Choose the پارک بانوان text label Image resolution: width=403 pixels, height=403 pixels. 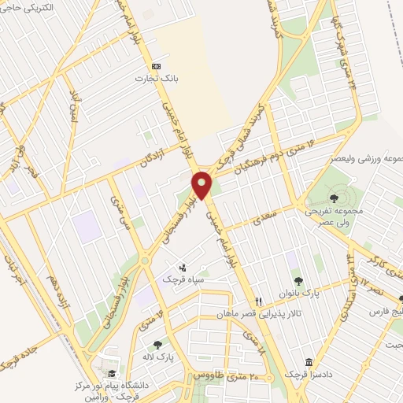[301, 293]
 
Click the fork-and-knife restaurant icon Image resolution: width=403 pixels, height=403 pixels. [259, 301]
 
